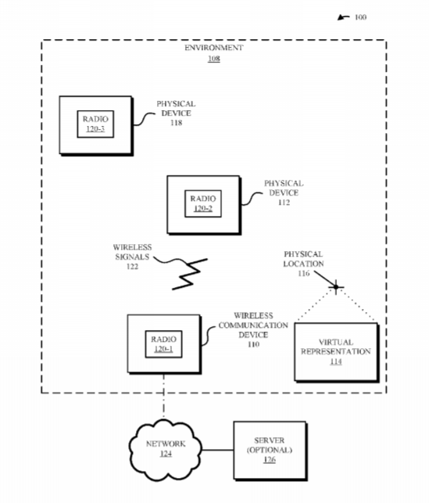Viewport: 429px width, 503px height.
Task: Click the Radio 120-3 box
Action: coord(95,124)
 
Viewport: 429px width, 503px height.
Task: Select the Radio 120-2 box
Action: coord(203,203)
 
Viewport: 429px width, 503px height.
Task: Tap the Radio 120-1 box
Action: coord(164,344)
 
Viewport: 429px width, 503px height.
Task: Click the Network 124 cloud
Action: coord(166,450)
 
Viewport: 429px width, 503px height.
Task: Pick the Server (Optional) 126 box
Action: coord(270,451)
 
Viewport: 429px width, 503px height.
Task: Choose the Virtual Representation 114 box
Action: coord(337,352)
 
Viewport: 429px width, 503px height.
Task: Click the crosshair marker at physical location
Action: coord(336,287)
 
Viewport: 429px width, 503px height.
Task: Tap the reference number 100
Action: coord(360,17)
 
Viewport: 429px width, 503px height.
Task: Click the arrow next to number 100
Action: coord(343,17)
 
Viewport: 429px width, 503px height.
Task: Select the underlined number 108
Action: coord(214,59)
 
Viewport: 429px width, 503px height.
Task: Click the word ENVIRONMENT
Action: coord(213,48)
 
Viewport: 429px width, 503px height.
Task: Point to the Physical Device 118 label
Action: coord(176,113)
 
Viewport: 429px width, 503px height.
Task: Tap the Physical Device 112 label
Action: coord(284,192)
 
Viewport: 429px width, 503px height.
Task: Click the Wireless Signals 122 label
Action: coord(132,257)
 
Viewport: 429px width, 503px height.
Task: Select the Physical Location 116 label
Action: coord(303,264)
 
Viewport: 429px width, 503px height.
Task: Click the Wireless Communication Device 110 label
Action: coord(253,330)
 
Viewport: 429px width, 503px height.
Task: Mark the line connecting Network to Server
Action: coord(217,450)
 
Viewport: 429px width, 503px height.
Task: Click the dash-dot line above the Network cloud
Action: coord(164,396)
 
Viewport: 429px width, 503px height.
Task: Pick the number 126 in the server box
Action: coord(270,460)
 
